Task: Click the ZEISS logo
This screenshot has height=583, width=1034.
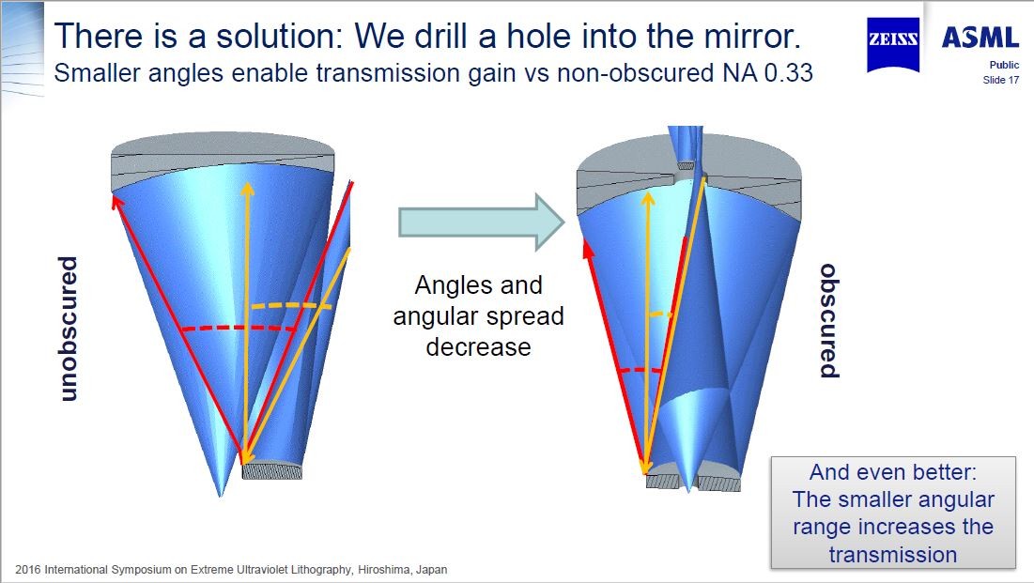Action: pyautogui.click(x=893, y=43)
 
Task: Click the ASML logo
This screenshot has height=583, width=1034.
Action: pyautogui.click(x=980, y=38)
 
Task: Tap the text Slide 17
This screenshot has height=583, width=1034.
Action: pyautogui.click(x=1000, y=80)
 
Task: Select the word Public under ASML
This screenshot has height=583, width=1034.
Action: pyautogui.click(x=1004, y=65)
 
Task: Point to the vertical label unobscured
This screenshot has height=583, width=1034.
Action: pyautogui.click(x=68, y=329)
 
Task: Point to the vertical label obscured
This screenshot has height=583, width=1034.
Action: pyautogui.click(x=829, y=320)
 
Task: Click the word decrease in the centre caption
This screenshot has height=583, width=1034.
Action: pyautogui.click(x=478, y=347)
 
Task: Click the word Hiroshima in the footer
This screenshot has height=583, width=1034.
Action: pyautogui.click(x=383, y=569)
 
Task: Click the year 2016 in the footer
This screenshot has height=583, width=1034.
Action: pyautogui.click(x=27, y=569)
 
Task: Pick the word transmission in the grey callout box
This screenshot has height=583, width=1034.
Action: pyautogui.click(x=893, y=555)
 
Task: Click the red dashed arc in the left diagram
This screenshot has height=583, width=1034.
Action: pyautogui.click(x=239, y=328)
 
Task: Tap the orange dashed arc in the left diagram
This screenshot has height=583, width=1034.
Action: pyautogui.click(x=290, y=305)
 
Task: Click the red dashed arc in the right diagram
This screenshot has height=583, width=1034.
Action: pyautogui.click(x=640, y=370)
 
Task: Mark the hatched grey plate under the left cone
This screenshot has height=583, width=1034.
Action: pyautogui.click(x=272, y=471)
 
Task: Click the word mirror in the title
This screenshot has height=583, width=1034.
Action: pyautogui.click(x=750, y=36)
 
